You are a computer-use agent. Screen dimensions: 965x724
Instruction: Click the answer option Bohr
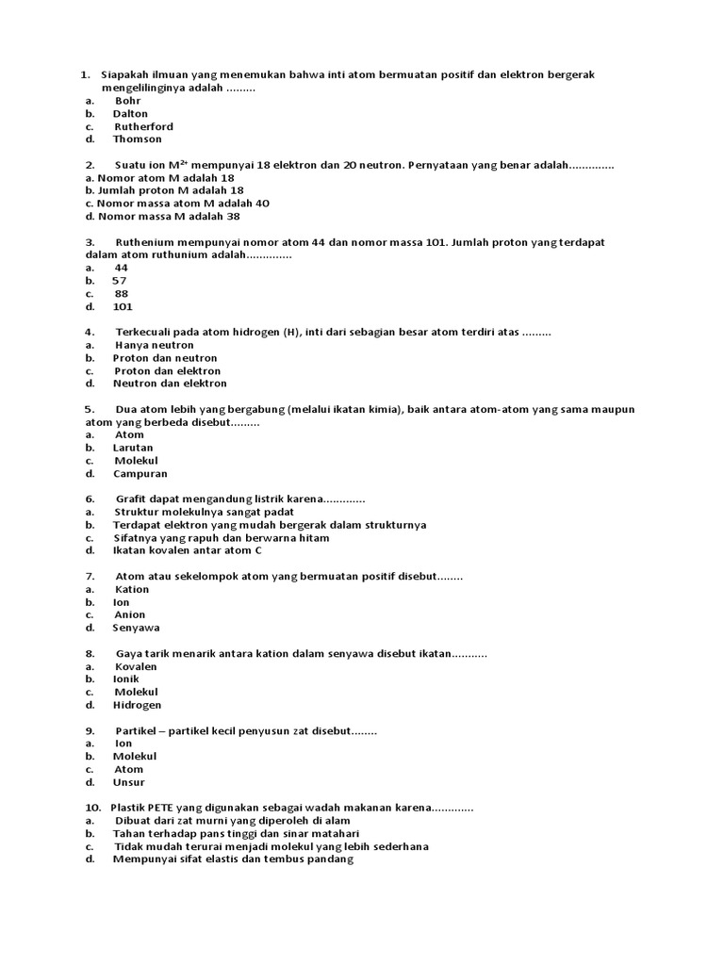click(x=128, y=101)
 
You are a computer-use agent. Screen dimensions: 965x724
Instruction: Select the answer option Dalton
click(x=130, y=114)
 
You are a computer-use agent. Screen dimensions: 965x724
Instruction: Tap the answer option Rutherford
click(x=143, y=127)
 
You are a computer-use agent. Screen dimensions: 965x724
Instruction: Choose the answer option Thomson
click(x=138, y=139)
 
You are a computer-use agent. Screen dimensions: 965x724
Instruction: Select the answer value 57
click(x=120, y=281)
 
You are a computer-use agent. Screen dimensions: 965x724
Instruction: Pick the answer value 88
click(x=122, y=294)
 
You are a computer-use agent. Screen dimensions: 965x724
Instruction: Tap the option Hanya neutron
click(x=154, y=346)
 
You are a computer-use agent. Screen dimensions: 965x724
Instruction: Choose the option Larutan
click(x=133, y=449)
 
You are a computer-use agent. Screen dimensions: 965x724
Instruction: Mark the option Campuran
click(x=140, y=474)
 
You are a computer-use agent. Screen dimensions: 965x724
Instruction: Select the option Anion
click(x=130, y=615)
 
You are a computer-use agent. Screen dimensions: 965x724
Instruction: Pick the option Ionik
click(x=126, y=679)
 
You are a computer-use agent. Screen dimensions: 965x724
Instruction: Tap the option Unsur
click(x=129, y=783)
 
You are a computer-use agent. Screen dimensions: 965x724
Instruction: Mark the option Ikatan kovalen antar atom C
click(x=188, y=551)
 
